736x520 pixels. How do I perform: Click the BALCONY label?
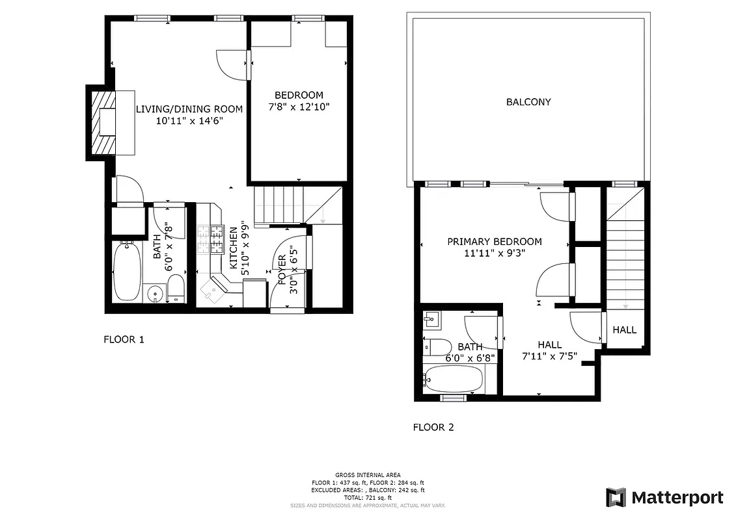click(x=528, y=102)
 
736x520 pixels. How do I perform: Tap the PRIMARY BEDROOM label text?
click(x=494, y=242)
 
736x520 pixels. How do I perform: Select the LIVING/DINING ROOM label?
click(x=189, y=109)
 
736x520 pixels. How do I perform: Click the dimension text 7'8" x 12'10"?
click(x=298, y=107)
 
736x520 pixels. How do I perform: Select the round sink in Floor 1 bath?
click(x=155, y=294)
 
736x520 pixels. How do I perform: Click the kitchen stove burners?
click(x=208, y=239)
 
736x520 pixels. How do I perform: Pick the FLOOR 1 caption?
click(x=124, y=339)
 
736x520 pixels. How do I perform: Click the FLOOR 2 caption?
click(x=433, y=427)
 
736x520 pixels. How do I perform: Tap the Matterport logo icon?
click(x=616, y=498)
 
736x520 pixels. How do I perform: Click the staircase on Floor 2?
click(x=625, y=260)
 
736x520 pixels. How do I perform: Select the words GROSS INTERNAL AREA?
click(x=368, y=475)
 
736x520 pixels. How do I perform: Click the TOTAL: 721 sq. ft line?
click(x=368, y=497)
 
